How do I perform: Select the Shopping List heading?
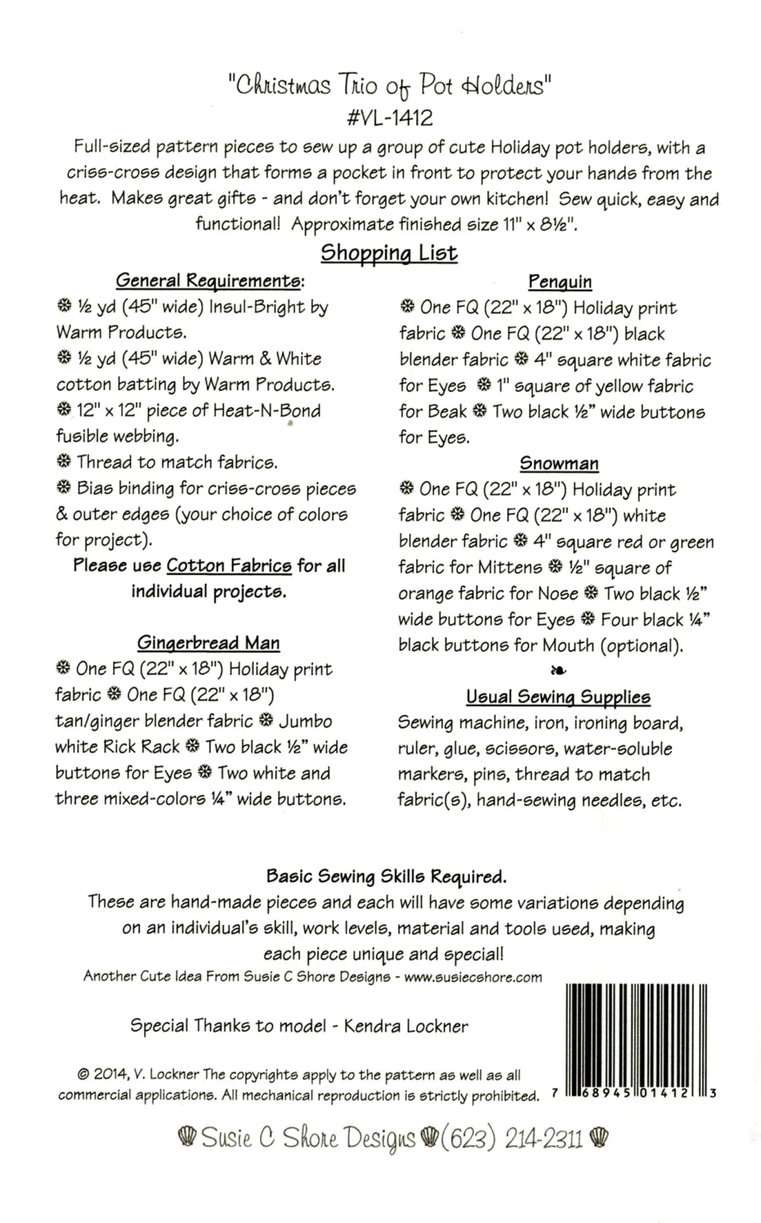[389, 253]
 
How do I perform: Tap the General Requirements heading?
[210, 281]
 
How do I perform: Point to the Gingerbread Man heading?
[208, 643]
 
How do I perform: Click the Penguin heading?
[560, 282]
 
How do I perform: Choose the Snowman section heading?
[560, 464]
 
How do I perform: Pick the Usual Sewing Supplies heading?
[558, 697]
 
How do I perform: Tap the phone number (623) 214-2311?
[513, 1138]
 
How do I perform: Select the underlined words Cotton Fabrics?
[229, 566]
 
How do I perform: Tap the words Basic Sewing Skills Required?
[387, 877]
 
